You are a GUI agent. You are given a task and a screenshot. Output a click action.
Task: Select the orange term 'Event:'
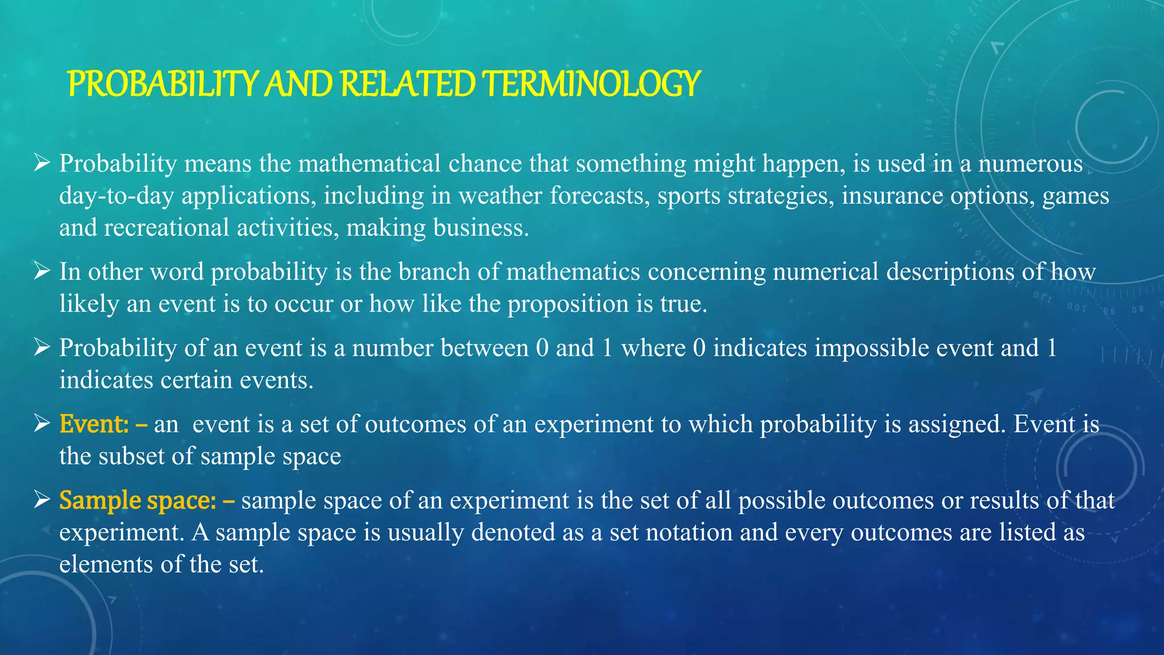pyautogui.click(x=94, y=424)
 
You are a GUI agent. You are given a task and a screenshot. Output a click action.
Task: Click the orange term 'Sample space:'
pyautogui.click(x=138, y=500)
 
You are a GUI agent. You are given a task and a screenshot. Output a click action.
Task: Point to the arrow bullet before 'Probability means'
pyautogui.click(x=41, y=164)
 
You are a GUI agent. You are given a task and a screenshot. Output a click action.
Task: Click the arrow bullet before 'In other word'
pyautogui.click(x=41, y=272)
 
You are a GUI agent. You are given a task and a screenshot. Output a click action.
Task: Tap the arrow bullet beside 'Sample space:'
pyautogui.click(x=41, y=500)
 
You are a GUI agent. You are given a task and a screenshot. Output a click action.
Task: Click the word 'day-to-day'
pyautogui.click(x=117, y=196)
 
